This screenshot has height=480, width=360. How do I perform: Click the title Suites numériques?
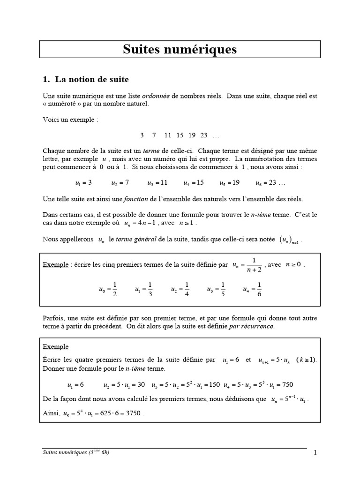(180, 49)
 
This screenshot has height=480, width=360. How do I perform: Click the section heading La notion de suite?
(91, 79)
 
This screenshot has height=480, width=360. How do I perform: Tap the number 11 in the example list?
(168, 135)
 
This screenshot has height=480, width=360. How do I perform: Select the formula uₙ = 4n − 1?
(142, 223)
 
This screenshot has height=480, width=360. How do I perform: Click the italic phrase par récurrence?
(251, 326)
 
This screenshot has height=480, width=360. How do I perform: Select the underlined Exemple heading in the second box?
(55, 347)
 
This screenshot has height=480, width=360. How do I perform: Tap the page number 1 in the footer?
(315, 453)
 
